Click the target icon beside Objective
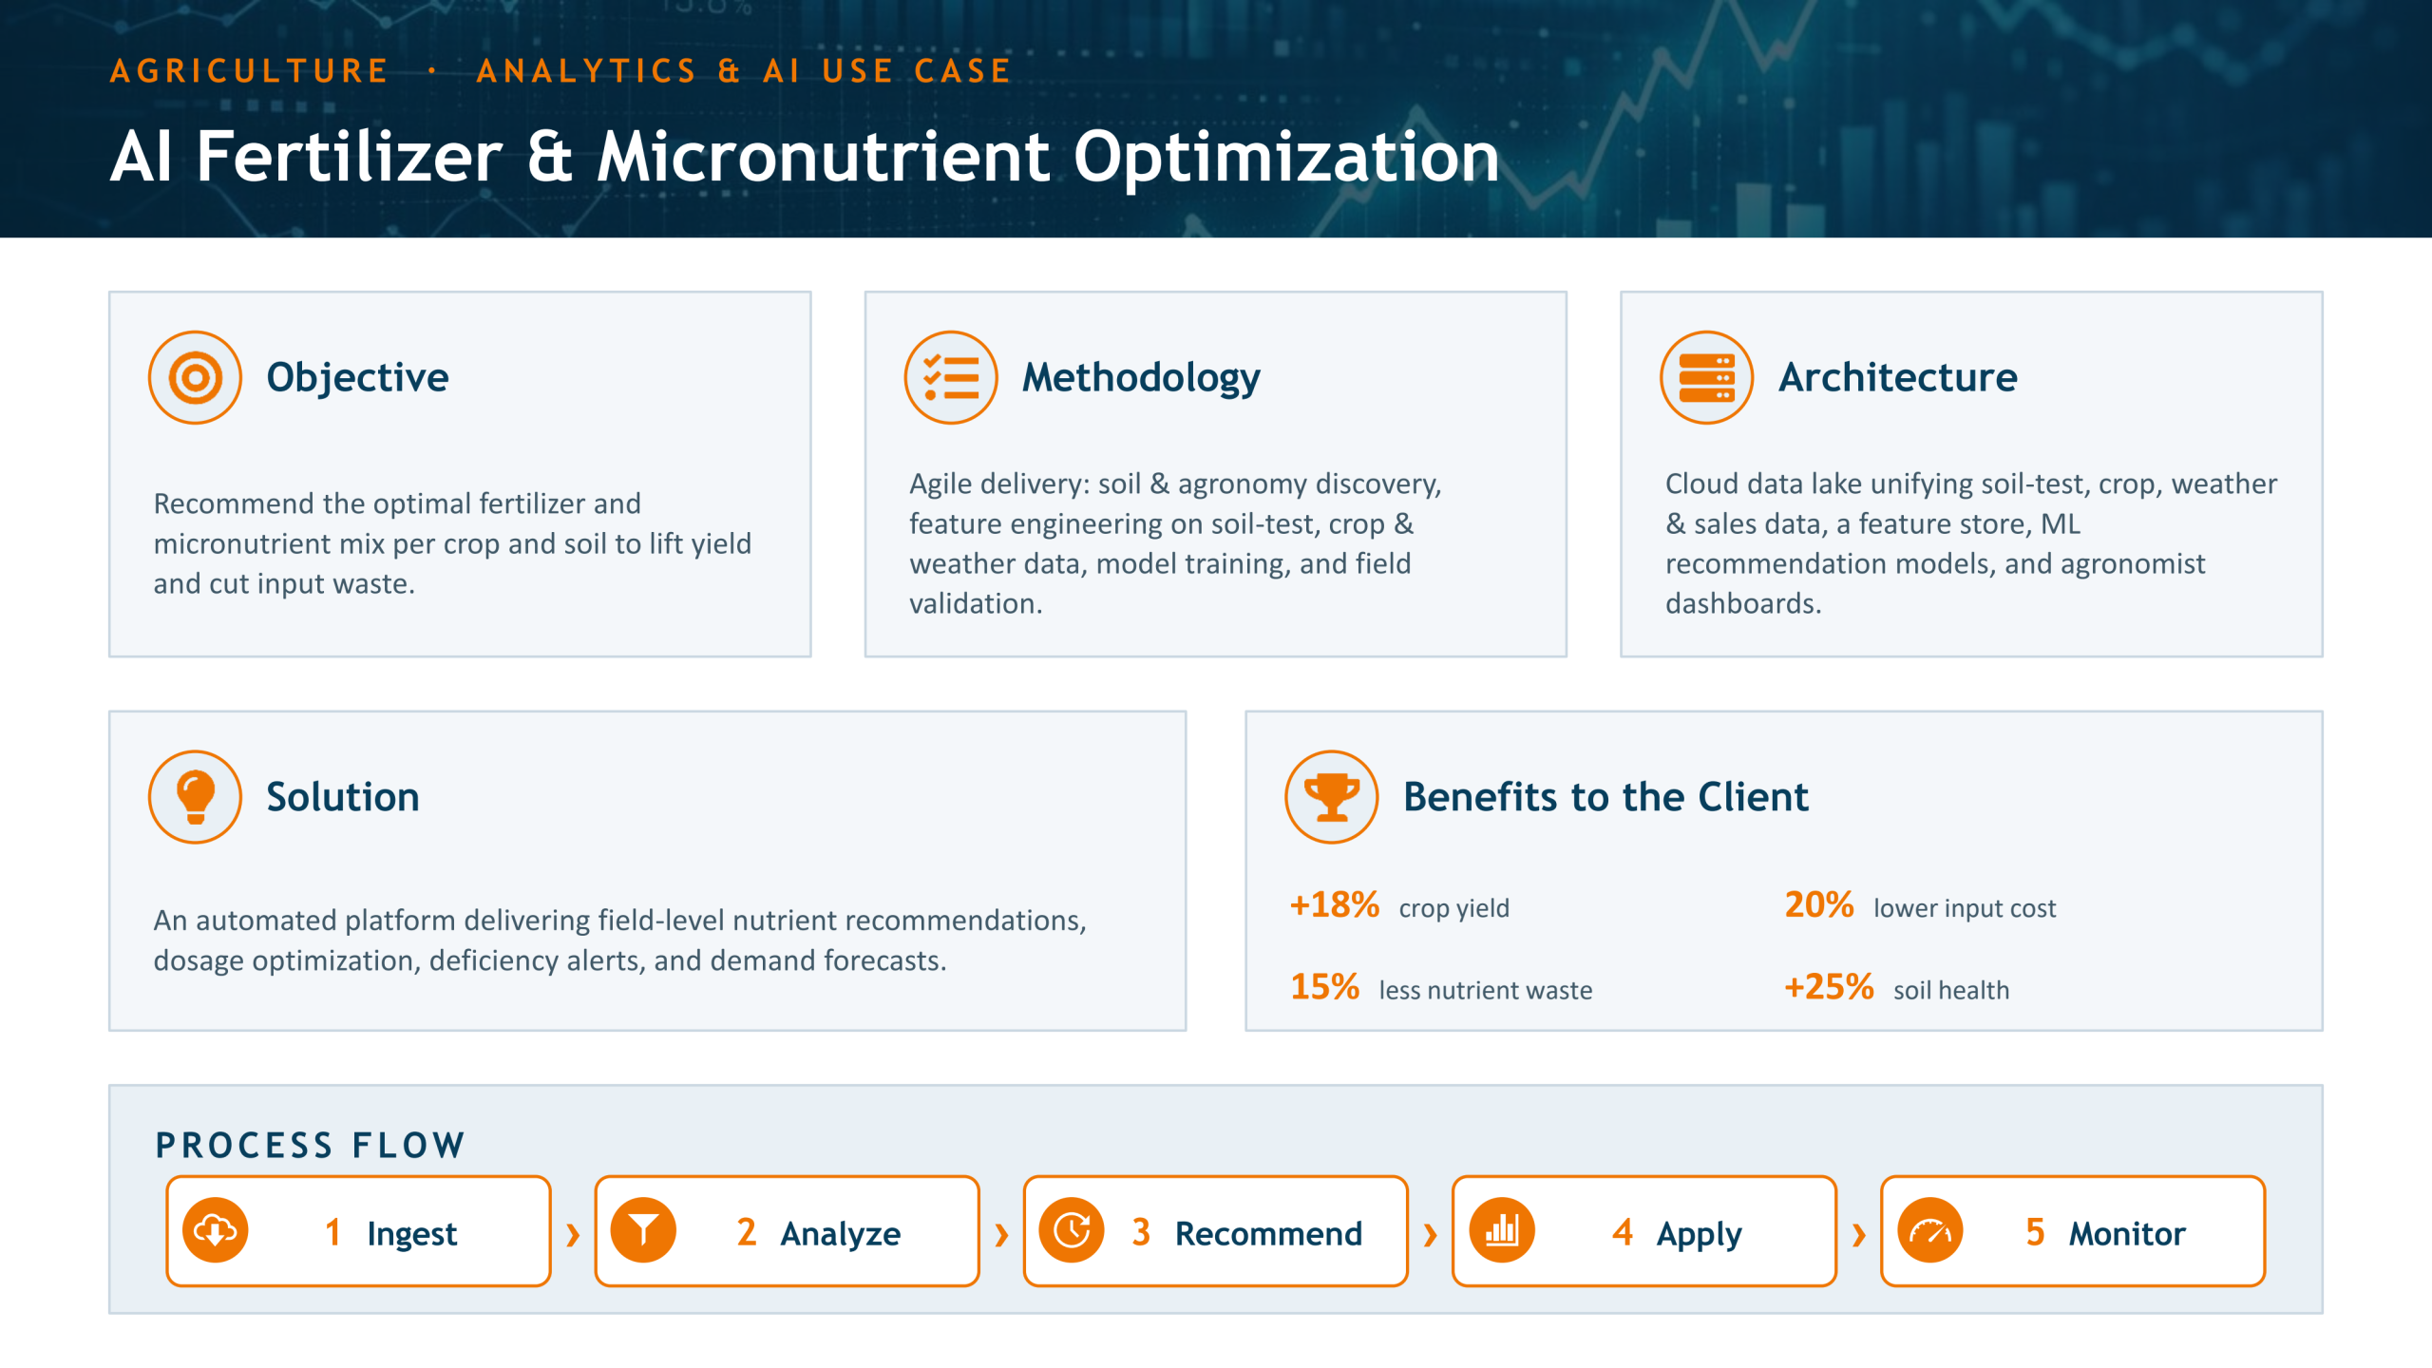coord(195,377)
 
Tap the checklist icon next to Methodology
coord(951,377)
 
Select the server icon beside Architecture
coord(1707,377)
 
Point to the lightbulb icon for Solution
coord(195,797)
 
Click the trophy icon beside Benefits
coord(1332,797)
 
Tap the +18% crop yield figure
coord(1335,905)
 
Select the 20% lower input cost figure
coord(1819,905)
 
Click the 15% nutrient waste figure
coord(1325,987)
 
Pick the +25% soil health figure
coord(1829,987)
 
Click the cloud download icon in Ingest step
coord(216,1231)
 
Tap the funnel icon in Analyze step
coord(643,1231)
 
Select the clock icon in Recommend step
coord(1072,1231)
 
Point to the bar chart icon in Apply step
coord(1502,1231)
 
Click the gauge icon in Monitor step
coord(1930,1231)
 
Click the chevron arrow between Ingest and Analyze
coord(573,1235)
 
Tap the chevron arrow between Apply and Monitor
coord(1859,1235)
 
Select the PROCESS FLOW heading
coord(311,1146)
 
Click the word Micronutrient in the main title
coord(824,157)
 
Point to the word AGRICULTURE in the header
coord(249,71)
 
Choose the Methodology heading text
coord(1141,378)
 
